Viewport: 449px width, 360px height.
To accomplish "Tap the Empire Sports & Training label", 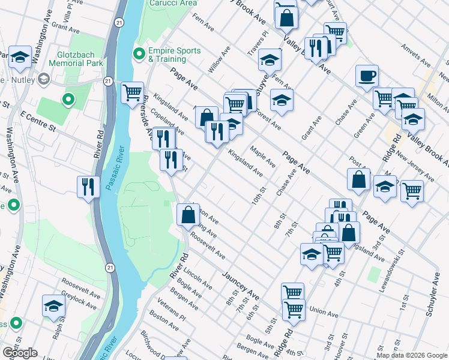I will coord(174,55).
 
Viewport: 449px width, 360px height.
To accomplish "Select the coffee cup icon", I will coord(367,76).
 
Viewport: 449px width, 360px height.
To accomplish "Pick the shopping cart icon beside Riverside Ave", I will coord(132,92).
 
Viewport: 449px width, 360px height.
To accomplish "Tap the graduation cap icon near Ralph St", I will coord(53,305).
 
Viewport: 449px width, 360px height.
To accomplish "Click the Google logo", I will coord(20,353).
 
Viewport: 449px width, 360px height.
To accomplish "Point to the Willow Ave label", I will coord(219,64).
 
